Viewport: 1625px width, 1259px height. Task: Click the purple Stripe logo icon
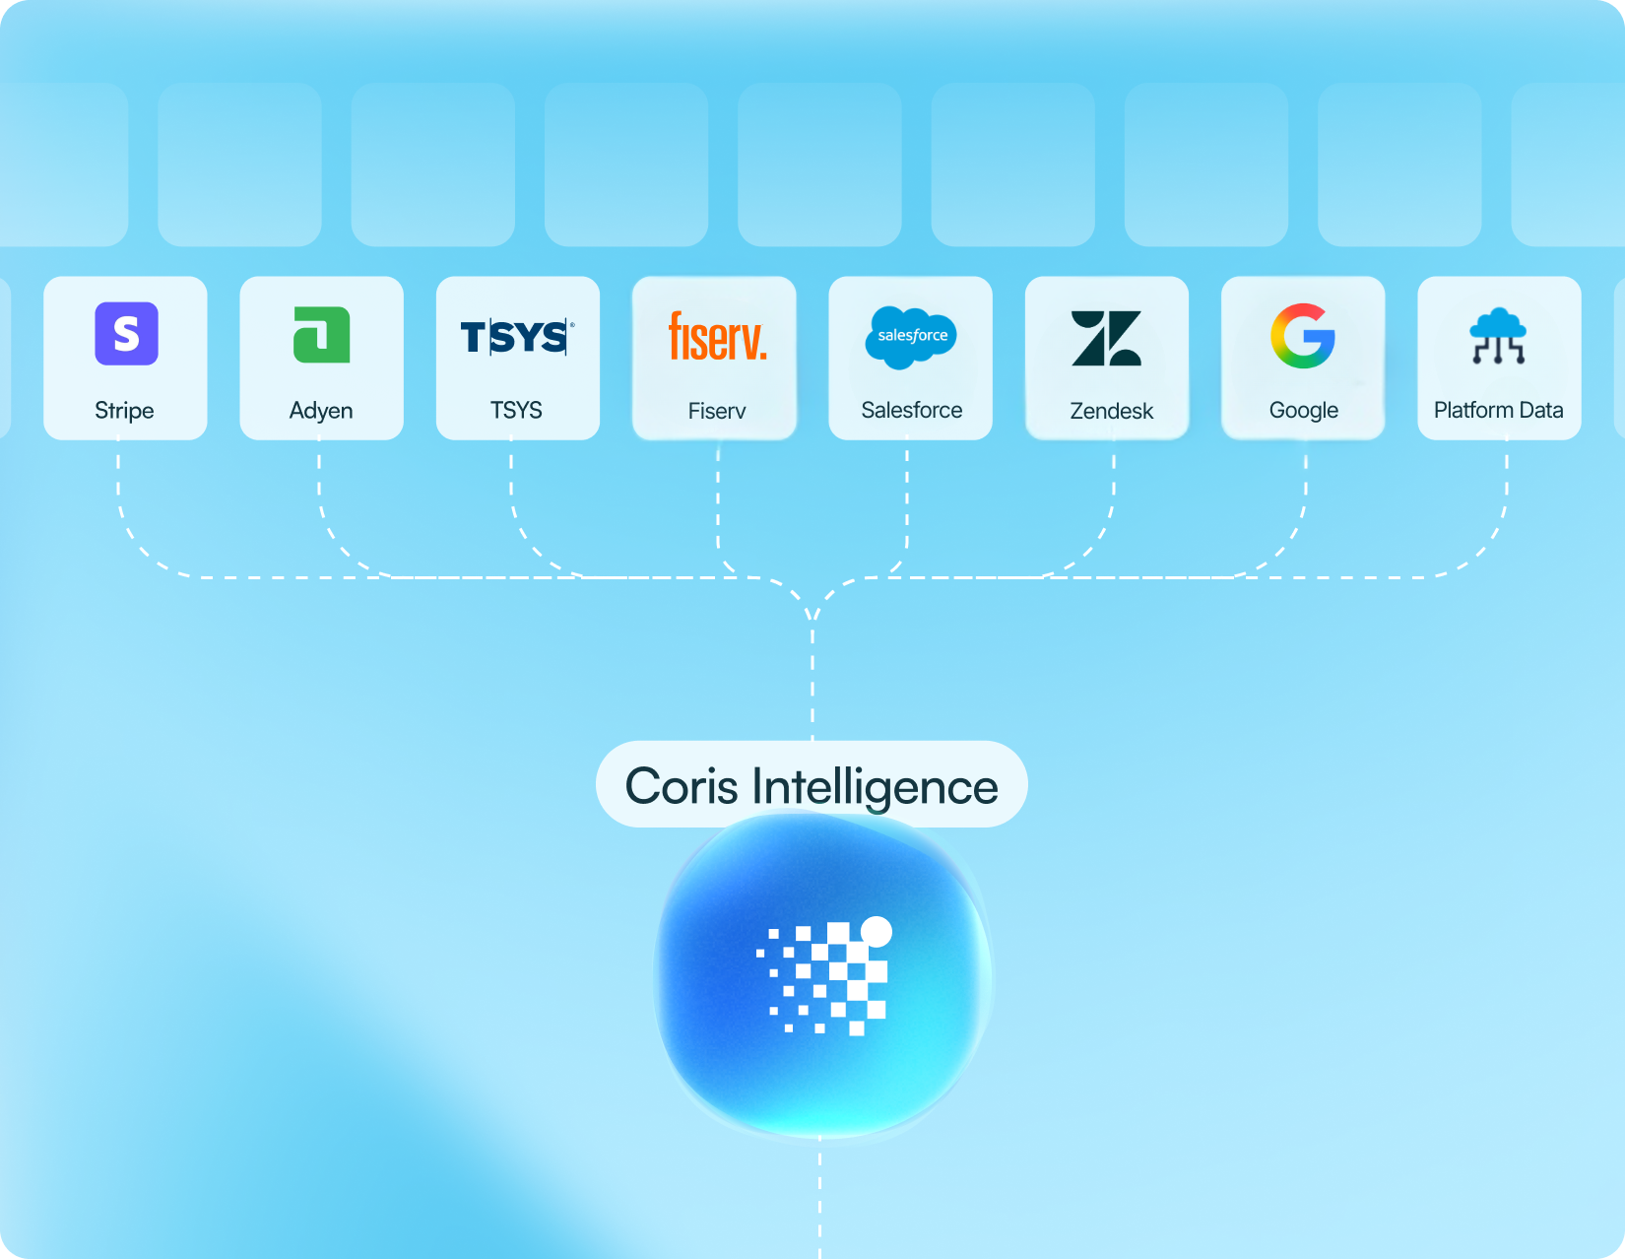click(x=126, y=334)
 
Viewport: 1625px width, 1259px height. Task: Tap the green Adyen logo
click(x=321, y=335)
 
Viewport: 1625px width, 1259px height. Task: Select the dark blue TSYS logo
click(x=516, y=337)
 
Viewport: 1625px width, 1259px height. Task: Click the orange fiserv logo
click(x=717, y=337)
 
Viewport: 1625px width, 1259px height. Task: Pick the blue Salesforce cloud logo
click(x=911, y=337)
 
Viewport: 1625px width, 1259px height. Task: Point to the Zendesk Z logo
click(x=1106, y=338)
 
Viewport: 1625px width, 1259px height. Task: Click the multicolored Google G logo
click(x=1303, y=336)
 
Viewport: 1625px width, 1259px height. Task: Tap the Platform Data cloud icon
click(x=1498, y=336)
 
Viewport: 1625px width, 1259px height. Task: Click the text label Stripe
click(x=124, y=410)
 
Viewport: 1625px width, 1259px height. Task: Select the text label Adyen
click(x=321, y=410)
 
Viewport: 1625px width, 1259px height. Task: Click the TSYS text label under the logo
click(x=516, y=410)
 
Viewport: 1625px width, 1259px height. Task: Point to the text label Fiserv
click(x=717, y=411)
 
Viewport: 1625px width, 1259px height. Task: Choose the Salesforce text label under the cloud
click(x=912, y=410)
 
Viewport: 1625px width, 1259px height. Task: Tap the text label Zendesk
click(x=1112, y=411)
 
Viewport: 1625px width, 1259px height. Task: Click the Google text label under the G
click(x=1303, y=410)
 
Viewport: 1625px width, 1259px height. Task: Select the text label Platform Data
click(x=1498, y=410)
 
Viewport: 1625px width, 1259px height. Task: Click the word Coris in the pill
click(x=682, y=786)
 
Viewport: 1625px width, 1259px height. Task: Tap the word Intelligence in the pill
click(x=875, y=786)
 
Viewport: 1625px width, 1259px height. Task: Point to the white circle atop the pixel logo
click(x=876, y=931)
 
